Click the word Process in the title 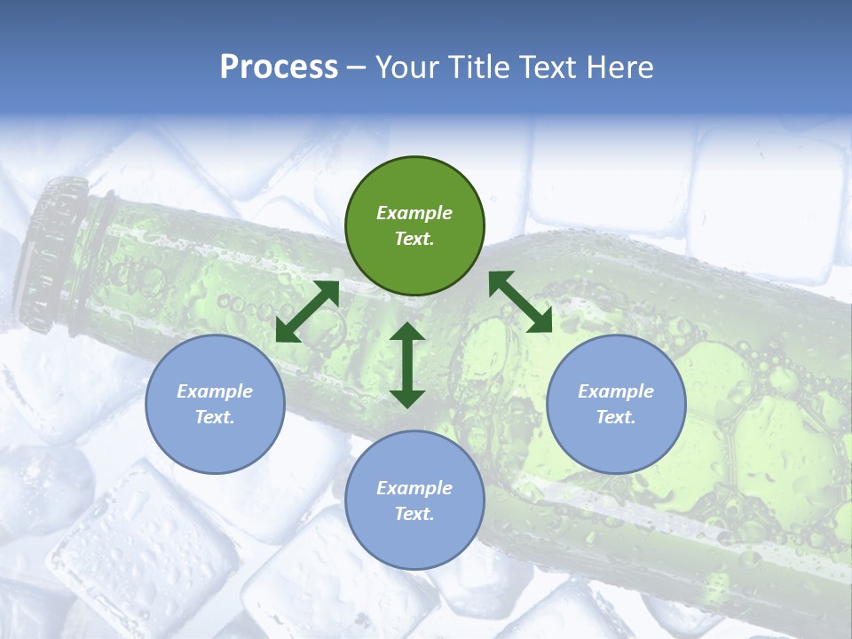coord(279,67)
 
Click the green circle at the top coord(414,225)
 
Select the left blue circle coord(215,404)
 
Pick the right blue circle coord(616,404)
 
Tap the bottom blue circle coord(414,501)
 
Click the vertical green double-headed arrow coord(407,365)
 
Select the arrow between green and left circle coord(307,312)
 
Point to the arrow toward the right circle coord(520,302)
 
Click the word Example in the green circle coord(414,213)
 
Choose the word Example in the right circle coord(616,391)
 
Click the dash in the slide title coord(356,68)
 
